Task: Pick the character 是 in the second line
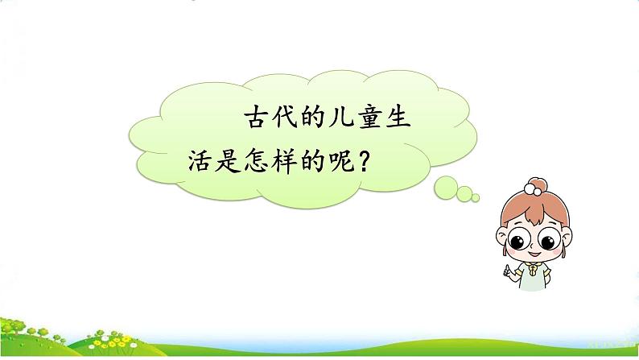[228, 159]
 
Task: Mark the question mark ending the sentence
[365, 159]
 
